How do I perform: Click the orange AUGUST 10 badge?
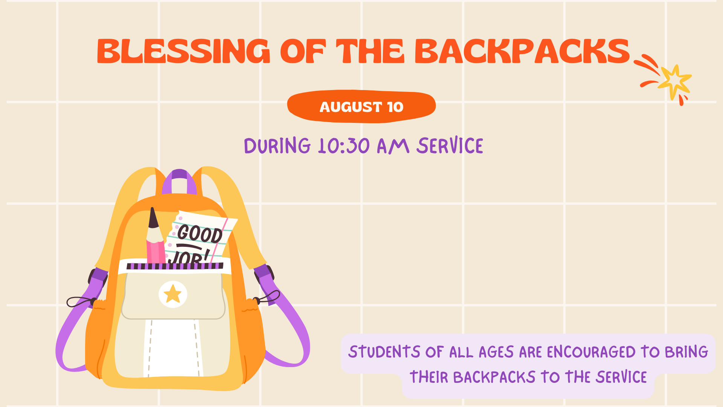point(361,107)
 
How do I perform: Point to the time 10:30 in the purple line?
point(344,146)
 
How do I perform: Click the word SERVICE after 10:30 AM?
point(450,146)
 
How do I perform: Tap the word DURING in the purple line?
point(277,146)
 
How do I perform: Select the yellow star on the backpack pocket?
point(173,294)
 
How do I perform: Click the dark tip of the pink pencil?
point(153,217)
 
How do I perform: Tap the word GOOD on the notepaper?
point(200,234)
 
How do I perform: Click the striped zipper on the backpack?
point(175,266)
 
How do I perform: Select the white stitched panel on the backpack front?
point(173,348)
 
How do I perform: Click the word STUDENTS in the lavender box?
point(384,352)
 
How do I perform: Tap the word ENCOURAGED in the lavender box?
point(591,352)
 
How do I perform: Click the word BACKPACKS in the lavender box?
point(494,377)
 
